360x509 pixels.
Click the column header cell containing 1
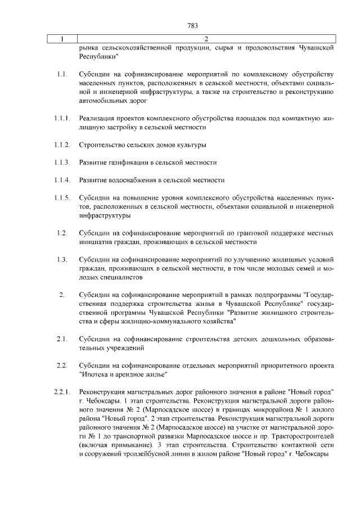(x=62, y=39)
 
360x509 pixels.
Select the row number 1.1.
(x=62, y=75)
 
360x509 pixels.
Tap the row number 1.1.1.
(x=62, y=119)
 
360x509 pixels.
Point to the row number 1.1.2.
(x=62, y=146)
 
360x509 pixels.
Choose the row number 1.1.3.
(x=62, y=163)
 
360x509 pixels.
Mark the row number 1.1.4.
(x=62, y=181)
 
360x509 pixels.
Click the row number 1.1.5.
(x=62, y=198)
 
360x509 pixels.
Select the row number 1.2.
(x=62, y=233)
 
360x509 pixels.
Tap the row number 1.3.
(x=62, y=259)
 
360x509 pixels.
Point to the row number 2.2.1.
(x=62, y=391)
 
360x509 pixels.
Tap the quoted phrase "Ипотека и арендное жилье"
(x=124, y=375)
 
